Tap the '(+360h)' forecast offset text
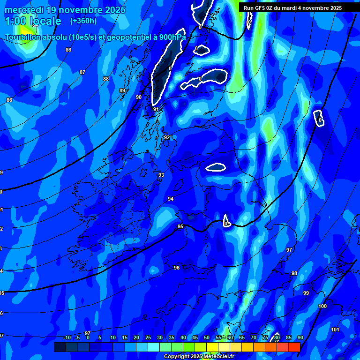tap(83, 21)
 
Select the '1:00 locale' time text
tap(33, 22)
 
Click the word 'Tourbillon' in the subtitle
tap(24, 37)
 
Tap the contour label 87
tap(82, 73)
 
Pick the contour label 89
tap(122, 91)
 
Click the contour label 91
tap(156, 110)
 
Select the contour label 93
tap(161, 175)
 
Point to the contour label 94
tap(171, 199)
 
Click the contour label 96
tap(177, 268)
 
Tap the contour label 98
tap(294, 274)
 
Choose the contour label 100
tap(322, 307)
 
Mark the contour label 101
tap(335, 330)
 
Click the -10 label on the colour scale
tap(67, 338)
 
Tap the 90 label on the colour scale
tap(300, 338)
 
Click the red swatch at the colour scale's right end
tap(294, 347)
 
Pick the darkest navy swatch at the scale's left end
tap(60, 347)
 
